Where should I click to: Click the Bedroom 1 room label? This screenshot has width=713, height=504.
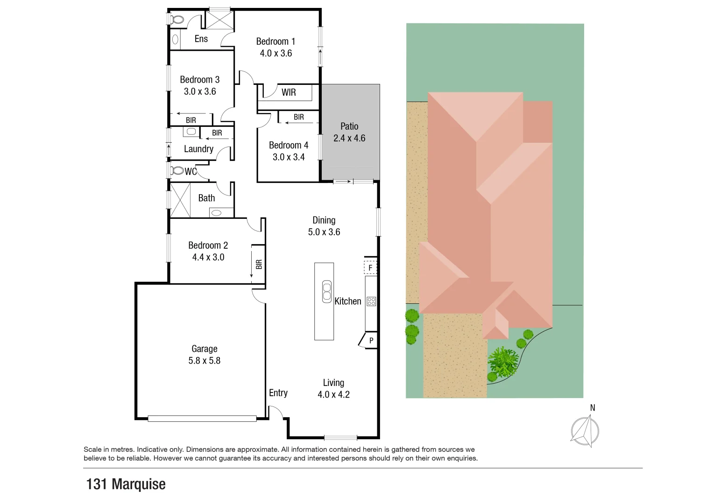(x=275, y=42)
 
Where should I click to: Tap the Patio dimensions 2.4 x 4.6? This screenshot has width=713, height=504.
(x=349, y=138)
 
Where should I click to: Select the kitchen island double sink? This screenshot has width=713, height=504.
(x=327, y=292)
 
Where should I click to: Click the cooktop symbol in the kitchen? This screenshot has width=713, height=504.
(x=371, y=301)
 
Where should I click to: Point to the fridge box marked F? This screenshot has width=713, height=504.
(x=370, y=267)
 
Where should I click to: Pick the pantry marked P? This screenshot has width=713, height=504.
(x=371, y=341)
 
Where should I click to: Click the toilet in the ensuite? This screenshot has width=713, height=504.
(x=176, y=20)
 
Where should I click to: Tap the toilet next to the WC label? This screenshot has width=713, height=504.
(x=177, y=171)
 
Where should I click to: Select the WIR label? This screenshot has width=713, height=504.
(x=289, y=92)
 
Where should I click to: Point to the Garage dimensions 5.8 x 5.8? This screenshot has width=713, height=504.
(x=204, y=361)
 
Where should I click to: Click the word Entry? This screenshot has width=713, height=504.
(x=278, y=393)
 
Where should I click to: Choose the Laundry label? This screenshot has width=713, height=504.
(x=198, y=149)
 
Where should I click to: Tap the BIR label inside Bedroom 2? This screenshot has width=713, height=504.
(x=259, y=264)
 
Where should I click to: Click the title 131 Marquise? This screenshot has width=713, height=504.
(x=126, y=484)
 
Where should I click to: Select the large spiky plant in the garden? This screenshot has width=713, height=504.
(x=503, y=362)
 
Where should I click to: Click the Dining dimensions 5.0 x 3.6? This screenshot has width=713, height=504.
(x=324, y=232)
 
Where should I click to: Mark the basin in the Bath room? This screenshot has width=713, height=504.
(x=216, y=213)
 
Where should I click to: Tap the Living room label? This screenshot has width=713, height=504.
(x=333, y=383)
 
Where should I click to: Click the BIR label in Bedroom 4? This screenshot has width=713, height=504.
(x=299, y=117)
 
